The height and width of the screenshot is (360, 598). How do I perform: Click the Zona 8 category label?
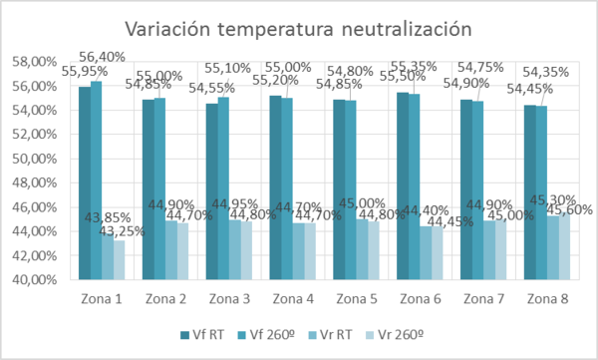(548, 298)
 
